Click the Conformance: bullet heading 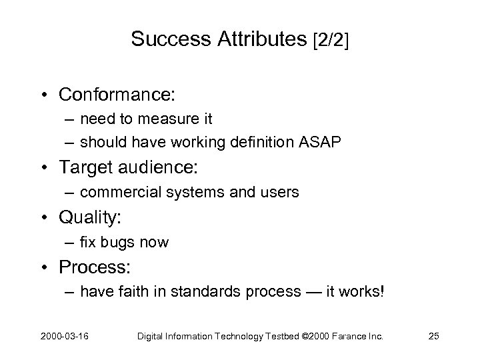117,95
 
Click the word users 281,193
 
